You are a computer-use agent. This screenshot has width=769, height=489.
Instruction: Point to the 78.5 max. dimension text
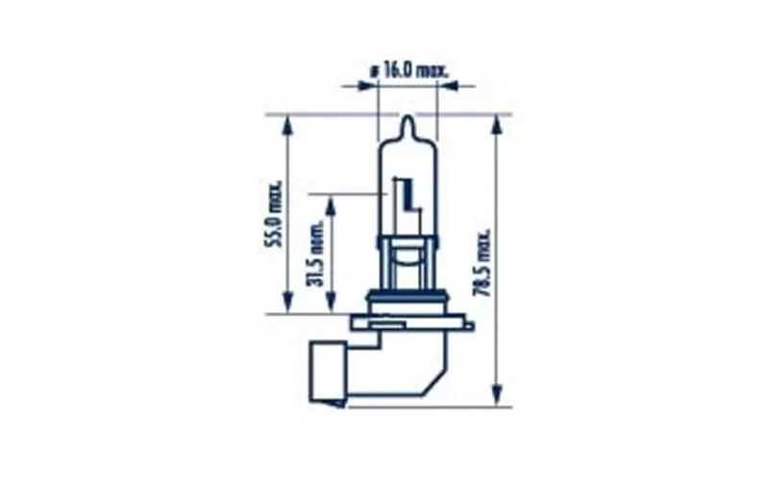(x=484, y=262)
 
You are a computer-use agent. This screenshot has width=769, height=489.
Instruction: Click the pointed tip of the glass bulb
(x=408, y=116)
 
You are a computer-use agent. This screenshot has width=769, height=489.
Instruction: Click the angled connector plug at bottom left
(x=328, y=374)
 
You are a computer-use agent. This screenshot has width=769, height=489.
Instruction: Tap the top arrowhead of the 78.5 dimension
(x=498, y=126)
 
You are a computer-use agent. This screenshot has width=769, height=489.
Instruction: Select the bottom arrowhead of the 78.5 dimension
(x=498, y=396)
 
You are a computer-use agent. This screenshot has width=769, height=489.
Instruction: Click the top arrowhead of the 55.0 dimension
(x=287, y=126)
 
